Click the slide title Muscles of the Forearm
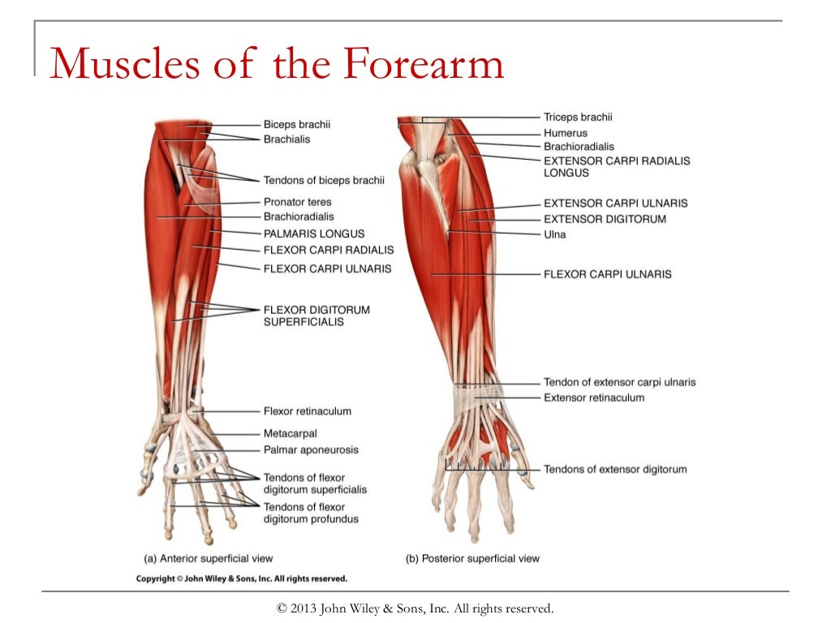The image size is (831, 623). point(277,64)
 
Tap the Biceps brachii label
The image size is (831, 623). point(297,125)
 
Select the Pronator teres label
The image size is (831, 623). point(297,202)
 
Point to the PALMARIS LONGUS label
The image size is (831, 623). point(314,234)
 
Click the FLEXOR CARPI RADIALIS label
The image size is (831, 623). point(328,250)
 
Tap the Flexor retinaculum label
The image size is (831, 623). point(307,411)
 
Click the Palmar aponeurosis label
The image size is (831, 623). point(311,449)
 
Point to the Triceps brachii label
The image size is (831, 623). point(578,118)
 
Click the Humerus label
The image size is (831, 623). point(565,133)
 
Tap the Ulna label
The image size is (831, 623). point(554,234)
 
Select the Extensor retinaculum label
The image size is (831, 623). point(594,397)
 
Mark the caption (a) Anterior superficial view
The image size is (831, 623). point(208,558)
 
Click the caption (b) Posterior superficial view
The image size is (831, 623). point(472,558)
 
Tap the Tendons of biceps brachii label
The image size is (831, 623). point(324,180)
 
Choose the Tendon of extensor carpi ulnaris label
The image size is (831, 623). point(619,382)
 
